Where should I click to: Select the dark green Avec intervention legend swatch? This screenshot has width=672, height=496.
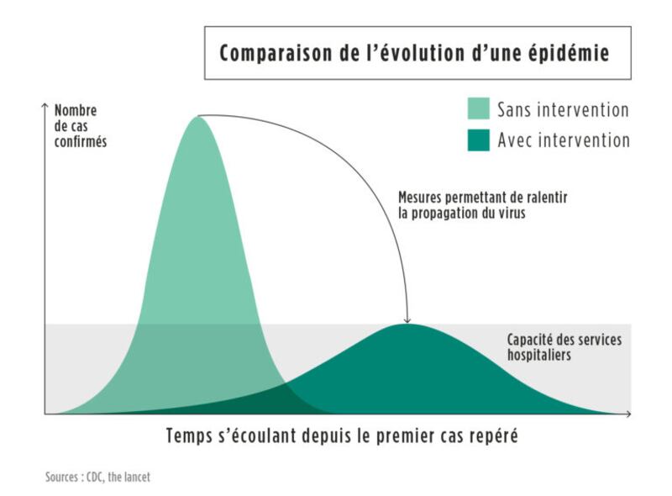(478, 140)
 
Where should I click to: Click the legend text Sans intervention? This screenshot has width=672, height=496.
(563, 110)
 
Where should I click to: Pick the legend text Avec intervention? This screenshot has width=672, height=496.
(563, 140)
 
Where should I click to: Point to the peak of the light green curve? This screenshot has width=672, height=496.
(198, 117)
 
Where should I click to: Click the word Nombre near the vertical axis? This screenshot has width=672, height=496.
(76, 110)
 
